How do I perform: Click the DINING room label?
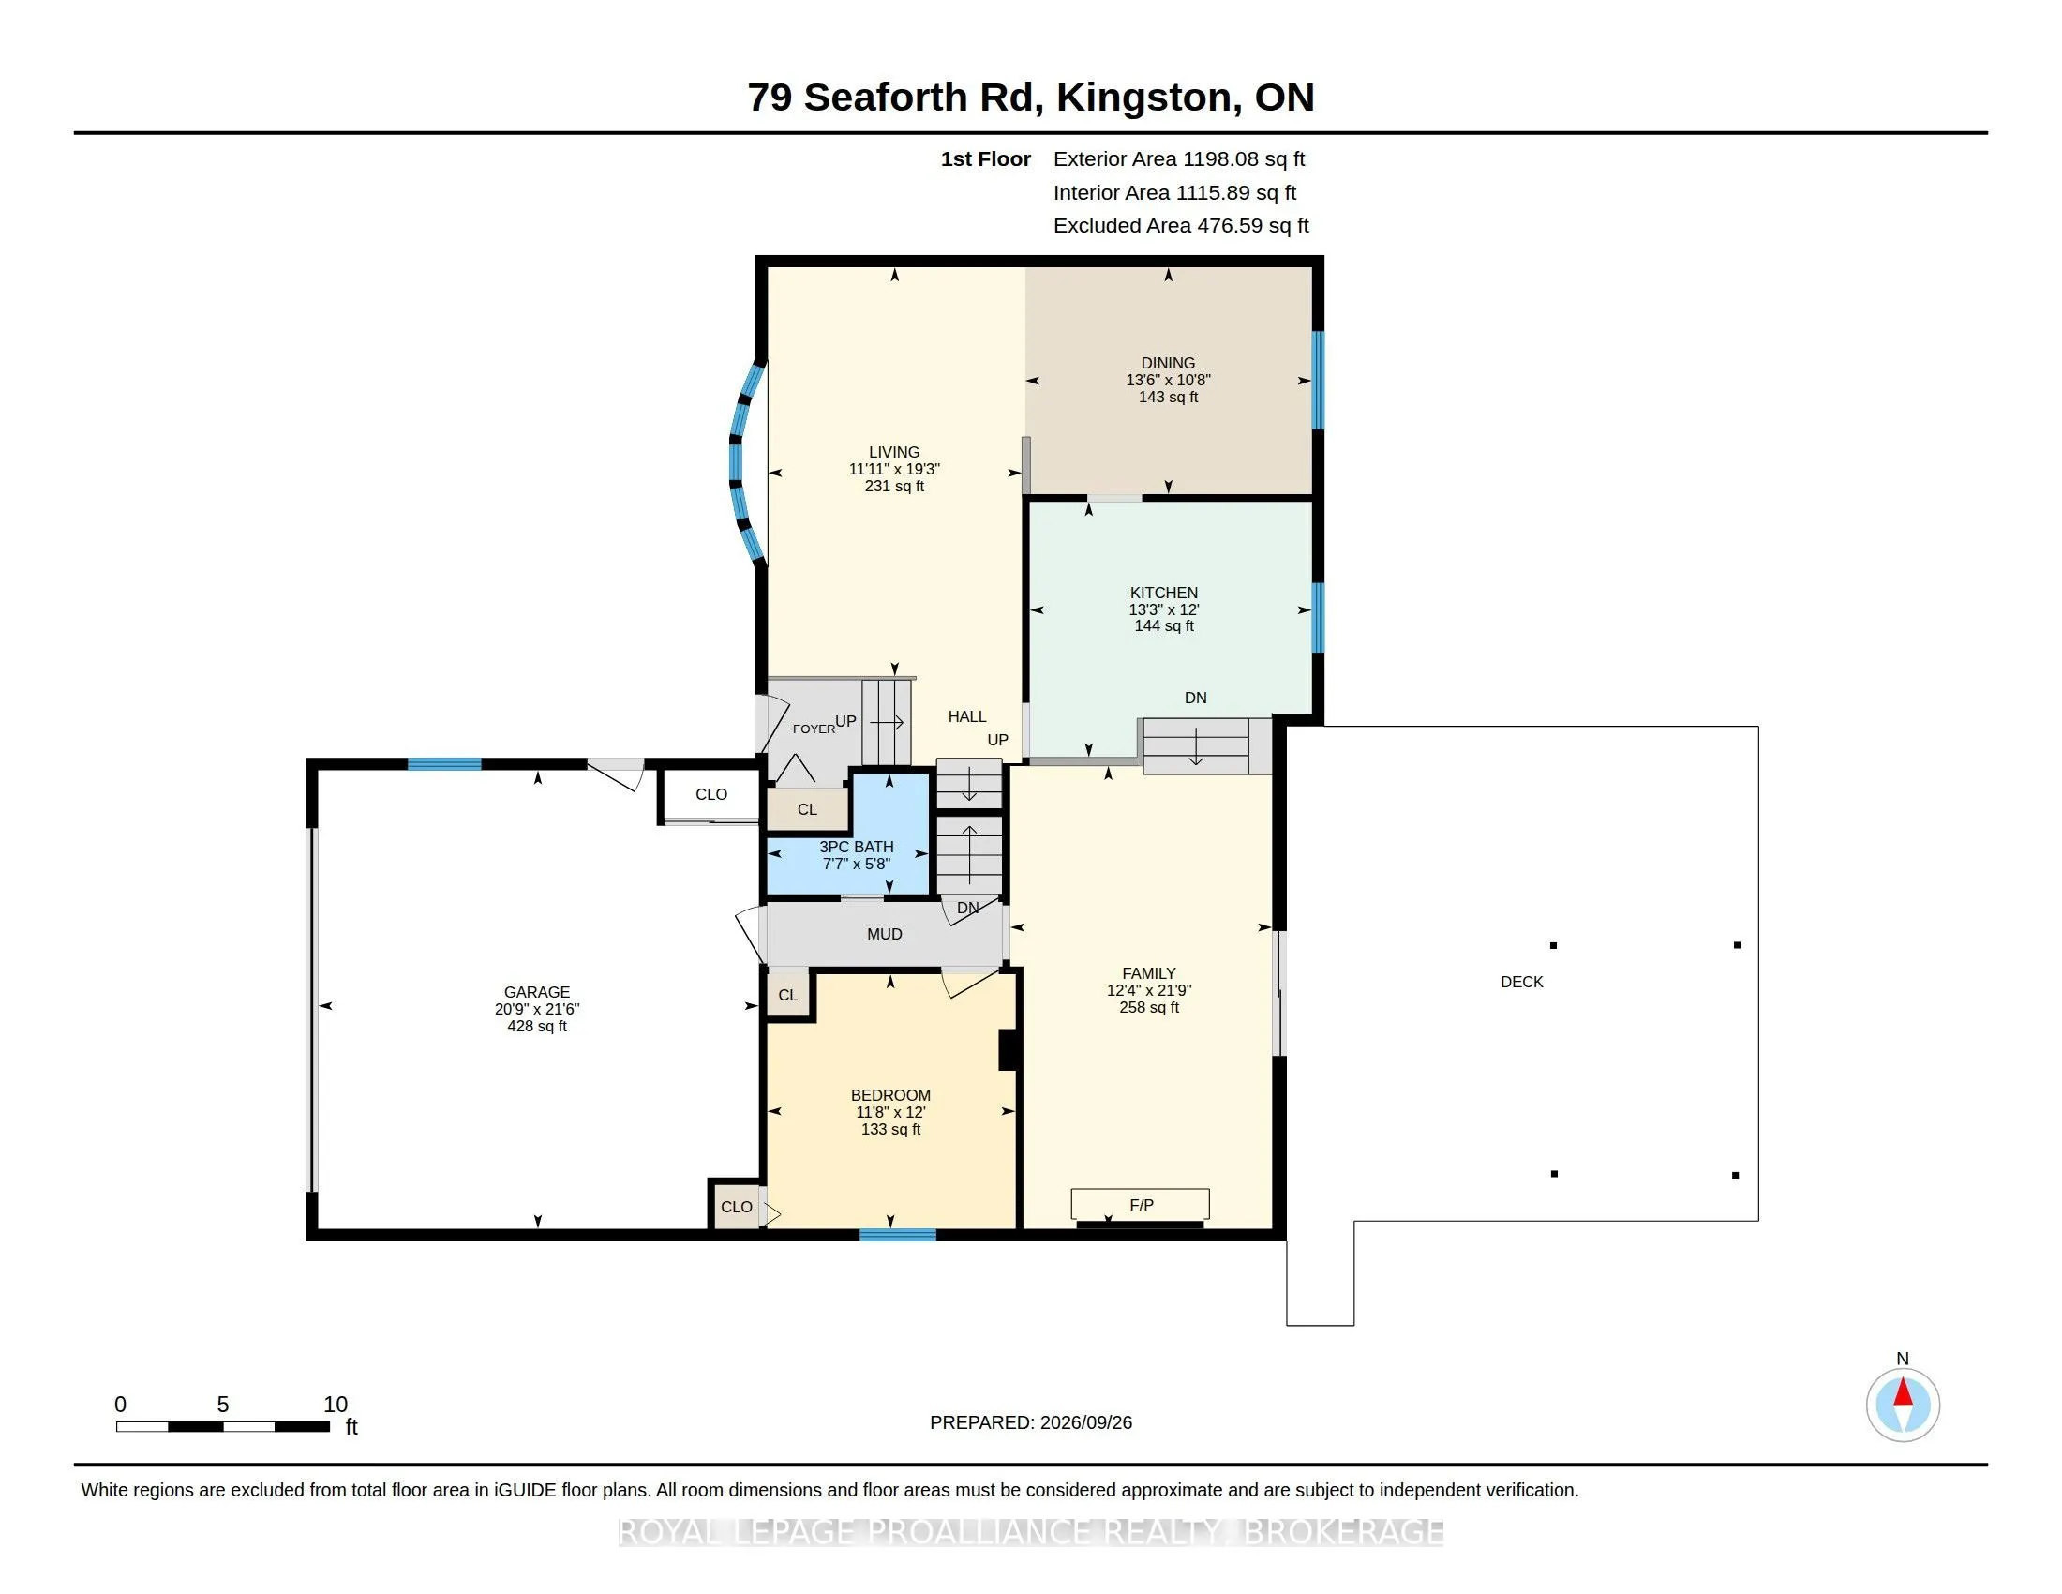tap(1168, 363)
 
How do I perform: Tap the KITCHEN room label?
tap(1164, 593)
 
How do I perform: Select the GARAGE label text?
tap(537, 991)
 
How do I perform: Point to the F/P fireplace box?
tap(1141, 1204)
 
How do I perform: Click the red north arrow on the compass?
tap(1904, 1391)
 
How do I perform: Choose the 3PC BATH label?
tap(857, 847)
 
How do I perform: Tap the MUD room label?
tap(885, 934)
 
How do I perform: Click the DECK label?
tap(1522, 982)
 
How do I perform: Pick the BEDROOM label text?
tap(890, 1095)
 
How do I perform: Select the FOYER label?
tap(814, 729)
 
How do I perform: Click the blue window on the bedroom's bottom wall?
tap(898, 1234)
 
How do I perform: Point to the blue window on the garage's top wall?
tap(444, 764)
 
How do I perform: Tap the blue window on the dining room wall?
tap(1318, 380)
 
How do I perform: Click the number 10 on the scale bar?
tap(336, 1405)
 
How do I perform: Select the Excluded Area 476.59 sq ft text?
tap(1181, 226)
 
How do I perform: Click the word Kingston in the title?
tap(1144, 98)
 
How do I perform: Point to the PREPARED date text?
tap(1031, 1422)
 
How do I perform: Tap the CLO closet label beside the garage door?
tap(711, 794)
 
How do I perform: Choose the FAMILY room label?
tap(1149, 972)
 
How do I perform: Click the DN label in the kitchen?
tap(1195, 698)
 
